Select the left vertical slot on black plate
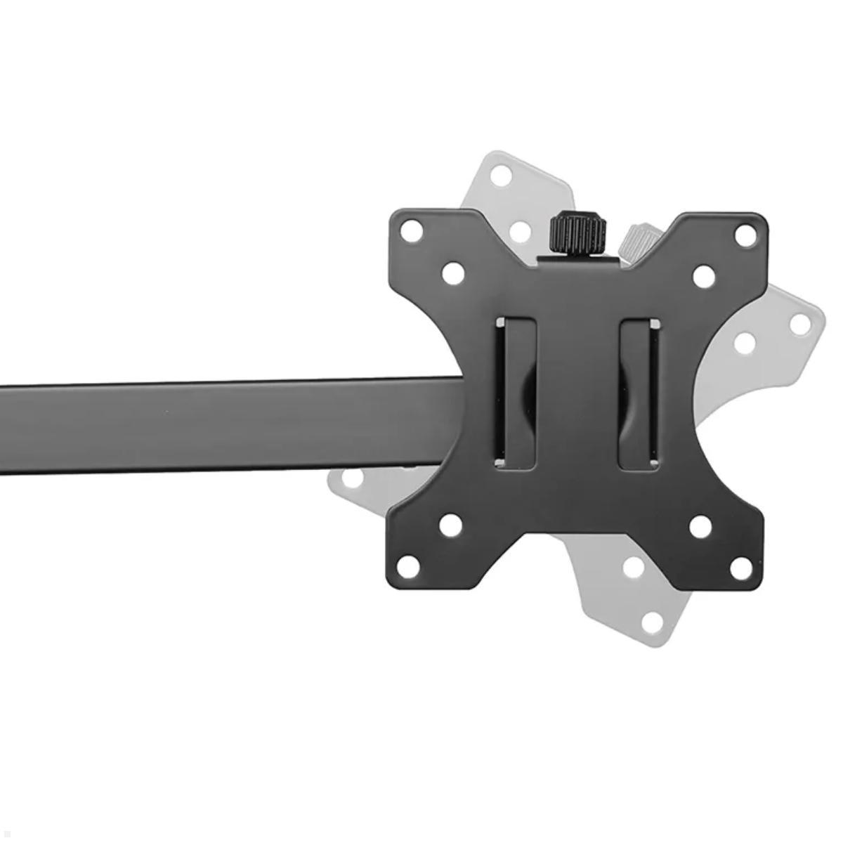(516, 393)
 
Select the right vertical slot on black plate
(639, 393)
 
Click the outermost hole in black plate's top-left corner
(413, 231)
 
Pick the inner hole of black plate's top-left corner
(453, 272)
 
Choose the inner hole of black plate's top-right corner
(703, 276)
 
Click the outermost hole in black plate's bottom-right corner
(741, 568)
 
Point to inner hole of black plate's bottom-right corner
(700, 527)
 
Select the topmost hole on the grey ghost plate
(500, 175)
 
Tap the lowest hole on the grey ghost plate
(652, 622)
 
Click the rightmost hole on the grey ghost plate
(800, 324)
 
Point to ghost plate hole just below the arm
(351, 480)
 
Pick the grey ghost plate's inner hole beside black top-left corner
(519, 231)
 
